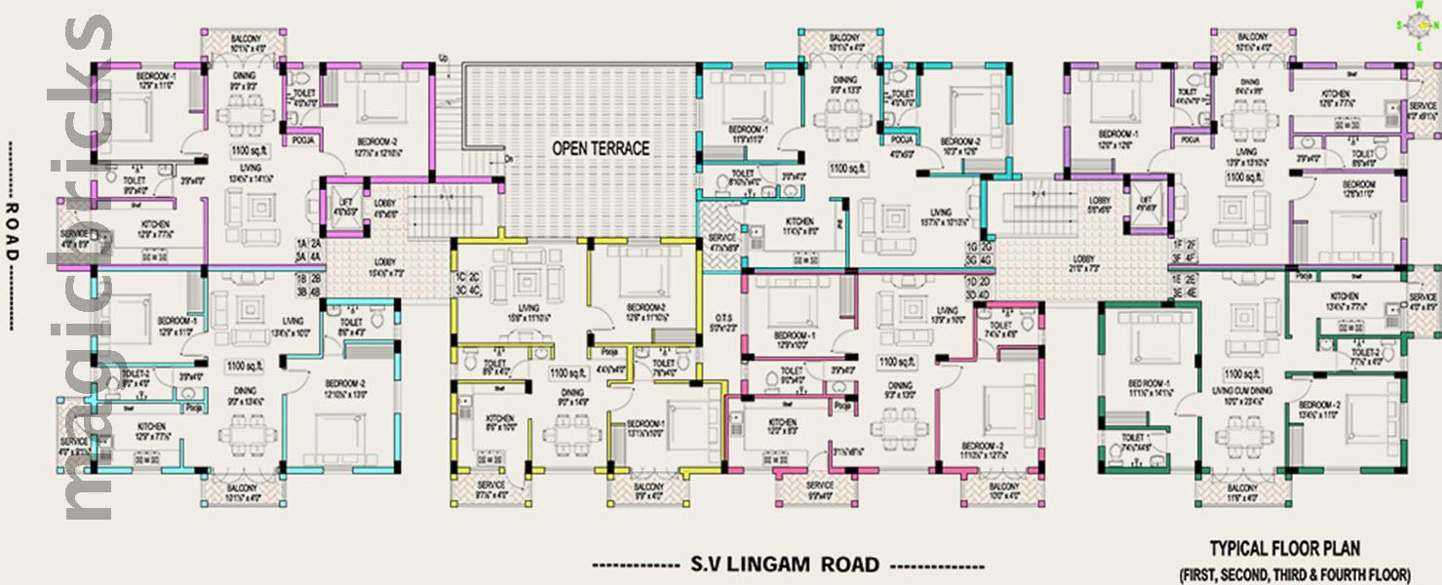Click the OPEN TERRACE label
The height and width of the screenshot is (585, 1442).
click(600, 149)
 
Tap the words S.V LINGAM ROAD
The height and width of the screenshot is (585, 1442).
click(785, 564)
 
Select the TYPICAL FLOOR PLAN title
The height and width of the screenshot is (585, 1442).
click(1284, 549)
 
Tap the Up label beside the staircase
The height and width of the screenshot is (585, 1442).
click(444, 57)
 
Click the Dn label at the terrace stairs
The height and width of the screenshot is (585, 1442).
click(508, 157)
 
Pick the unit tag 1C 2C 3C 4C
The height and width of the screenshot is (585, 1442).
click(467, 285)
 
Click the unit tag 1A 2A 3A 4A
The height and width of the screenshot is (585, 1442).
click(309, 250)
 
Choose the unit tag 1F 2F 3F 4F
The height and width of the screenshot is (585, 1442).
click(1184, 252)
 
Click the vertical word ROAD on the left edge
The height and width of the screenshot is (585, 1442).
click(12, 232)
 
